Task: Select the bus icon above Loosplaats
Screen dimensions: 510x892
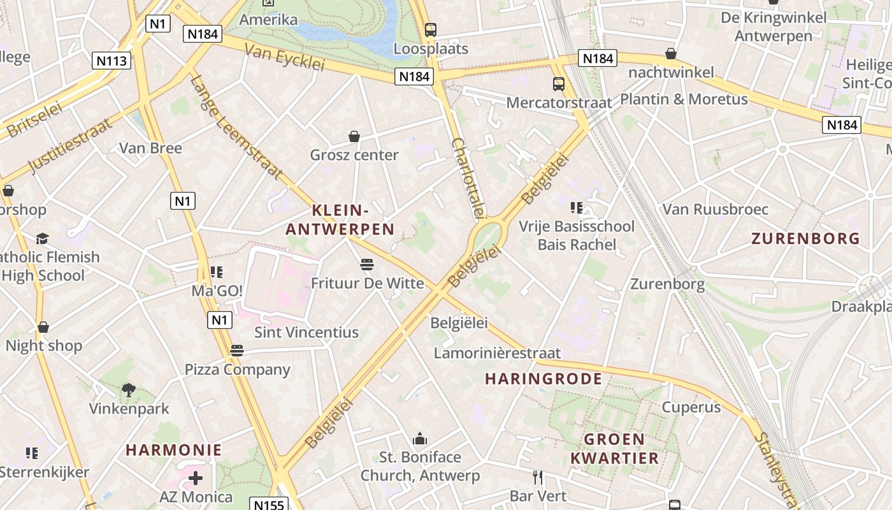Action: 431,29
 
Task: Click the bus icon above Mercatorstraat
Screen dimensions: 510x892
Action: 559,84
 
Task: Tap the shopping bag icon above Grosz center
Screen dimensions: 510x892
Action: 354,136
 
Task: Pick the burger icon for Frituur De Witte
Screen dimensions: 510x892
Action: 366,264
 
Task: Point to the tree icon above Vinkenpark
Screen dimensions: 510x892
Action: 129,389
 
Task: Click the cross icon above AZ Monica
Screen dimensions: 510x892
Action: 196,477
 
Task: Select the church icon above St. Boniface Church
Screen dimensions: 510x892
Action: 420,439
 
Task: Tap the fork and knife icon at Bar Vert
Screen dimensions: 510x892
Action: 538,477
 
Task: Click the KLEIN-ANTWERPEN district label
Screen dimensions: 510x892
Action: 340,219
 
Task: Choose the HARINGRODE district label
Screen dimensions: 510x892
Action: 543,379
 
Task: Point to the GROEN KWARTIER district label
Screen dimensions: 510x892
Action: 614,448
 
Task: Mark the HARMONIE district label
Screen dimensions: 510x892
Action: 174,450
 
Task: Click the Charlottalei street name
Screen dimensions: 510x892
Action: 468,178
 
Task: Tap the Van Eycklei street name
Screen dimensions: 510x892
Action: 285,58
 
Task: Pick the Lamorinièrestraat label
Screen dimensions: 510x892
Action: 497,353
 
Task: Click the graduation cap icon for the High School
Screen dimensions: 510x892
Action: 42,238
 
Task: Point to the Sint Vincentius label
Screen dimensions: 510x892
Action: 306,332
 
